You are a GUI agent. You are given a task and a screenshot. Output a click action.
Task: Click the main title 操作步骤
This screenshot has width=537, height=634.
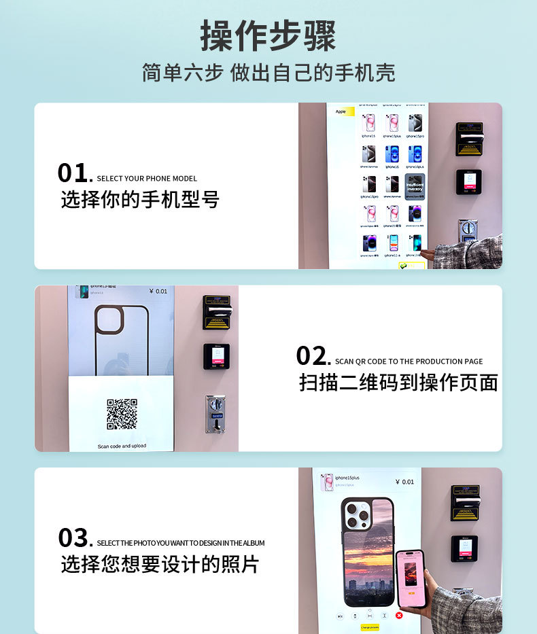(x=268, y=36)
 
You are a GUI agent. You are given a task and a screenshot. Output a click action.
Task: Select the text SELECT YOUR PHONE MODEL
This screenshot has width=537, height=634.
(x=147, y=179)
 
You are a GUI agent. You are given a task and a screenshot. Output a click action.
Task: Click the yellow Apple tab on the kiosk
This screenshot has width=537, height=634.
(x=341, y=111)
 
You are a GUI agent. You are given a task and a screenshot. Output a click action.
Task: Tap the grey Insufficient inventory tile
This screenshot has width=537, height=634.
(x=415, y=186)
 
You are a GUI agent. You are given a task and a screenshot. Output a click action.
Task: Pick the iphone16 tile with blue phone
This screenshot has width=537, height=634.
(x=392, y=155)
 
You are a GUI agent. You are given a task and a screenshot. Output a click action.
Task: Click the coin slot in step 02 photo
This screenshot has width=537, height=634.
(x=215, y=414)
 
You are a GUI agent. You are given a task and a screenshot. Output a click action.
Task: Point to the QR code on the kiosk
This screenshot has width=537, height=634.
(x=122, y=414)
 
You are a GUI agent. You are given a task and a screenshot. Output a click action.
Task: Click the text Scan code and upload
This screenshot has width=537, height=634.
(x=122, y=446)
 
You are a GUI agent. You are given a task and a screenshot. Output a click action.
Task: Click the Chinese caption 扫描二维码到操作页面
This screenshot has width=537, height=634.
(x=398, y=383)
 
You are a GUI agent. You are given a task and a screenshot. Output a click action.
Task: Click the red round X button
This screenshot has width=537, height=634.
(x=399, y=616)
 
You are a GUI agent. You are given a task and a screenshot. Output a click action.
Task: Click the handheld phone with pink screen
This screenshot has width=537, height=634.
(x=410, y=577)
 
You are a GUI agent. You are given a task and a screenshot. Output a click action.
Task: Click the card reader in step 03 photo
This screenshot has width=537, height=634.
(x=464, y=548)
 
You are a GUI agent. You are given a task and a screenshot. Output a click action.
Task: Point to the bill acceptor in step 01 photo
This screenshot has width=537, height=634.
(x=469, y=139)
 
